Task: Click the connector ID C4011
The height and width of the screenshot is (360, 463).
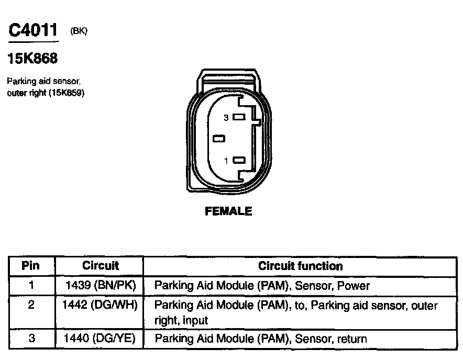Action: point(32,30)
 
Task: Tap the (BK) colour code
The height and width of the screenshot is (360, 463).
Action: point(79,31)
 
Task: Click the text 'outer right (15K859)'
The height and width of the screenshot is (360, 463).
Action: point(46,93)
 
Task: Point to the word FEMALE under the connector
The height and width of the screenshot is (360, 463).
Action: point(228,211)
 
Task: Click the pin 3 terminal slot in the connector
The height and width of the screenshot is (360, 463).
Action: point(239,118)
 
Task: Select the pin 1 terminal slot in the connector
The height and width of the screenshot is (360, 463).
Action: point(239,161)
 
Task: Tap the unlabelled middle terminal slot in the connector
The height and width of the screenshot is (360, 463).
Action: point(219,139)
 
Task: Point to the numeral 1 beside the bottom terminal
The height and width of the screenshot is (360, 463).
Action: point(226,161)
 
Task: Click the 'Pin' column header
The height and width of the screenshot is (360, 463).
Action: point(31,266)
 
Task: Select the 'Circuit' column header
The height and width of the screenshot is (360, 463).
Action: point(101,266)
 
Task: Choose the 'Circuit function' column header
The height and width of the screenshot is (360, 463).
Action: point(300,266)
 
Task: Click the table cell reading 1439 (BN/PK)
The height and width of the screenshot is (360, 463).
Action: point(100,286)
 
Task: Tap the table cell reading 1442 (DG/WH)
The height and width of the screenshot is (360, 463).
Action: point(100,306)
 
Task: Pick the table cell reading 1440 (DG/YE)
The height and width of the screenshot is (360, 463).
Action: point(100,339)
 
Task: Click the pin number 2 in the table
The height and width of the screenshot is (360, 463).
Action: point(31,306)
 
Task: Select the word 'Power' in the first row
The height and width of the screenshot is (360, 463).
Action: point(354,286)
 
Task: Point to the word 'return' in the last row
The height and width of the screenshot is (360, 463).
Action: point(351,339)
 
